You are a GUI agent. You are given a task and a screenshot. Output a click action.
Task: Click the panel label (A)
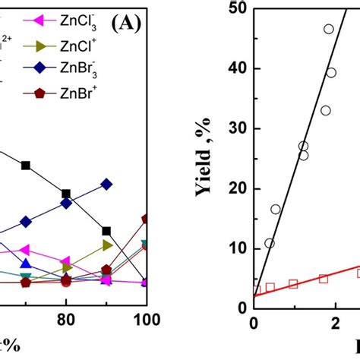point(126,23)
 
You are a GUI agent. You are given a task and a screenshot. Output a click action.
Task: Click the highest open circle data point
point(329,30)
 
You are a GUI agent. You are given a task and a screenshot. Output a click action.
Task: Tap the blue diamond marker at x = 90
point(106,185)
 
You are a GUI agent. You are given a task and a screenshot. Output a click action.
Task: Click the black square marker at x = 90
point(106,231)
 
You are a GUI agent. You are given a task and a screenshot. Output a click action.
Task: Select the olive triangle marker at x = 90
point(106,245)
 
